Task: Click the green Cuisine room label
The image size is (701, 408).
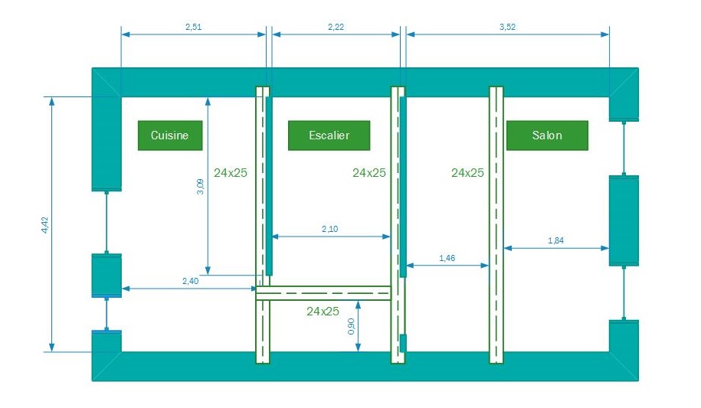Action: [169, 135]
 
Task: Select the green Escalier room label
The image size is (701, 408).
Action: [329, 135]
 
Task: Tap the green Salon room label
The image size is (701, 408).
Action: [547, 135]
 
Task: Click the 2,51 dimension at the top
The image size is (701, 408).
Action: [194, 27]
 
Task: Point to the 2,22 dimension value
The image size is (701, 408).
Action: [336, 27]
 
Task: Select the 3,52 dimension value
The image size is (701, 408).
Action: [507, 27]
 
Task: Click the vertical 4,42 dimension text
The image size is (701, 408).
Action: [45, 225]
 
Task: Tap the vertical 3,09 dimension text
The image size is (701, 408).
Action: [201, 187]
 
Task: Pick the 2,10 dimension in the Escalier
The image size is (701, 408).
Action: [331, 230]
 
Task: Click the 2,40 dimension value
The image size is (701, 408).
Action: [190, 281]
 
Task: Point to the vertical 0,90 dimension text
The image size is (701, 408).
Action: [352, 326]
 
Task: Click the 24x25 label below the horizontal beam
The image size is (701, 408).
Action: [323, 311]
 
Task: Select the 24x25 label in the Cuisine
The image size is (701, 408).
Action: [231, 173]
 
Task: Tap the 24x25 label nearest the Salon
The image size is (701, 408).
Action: [467, 173]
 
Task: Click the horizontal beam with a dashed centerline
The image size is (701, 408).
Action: [323, 293]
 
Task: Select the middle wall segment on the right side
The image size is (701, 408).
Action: [624, 220]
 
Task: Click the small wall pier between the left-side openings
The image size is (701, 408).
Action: [106, 275]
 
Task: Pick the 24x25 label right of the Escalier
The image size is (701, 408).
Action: [369, 173]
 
